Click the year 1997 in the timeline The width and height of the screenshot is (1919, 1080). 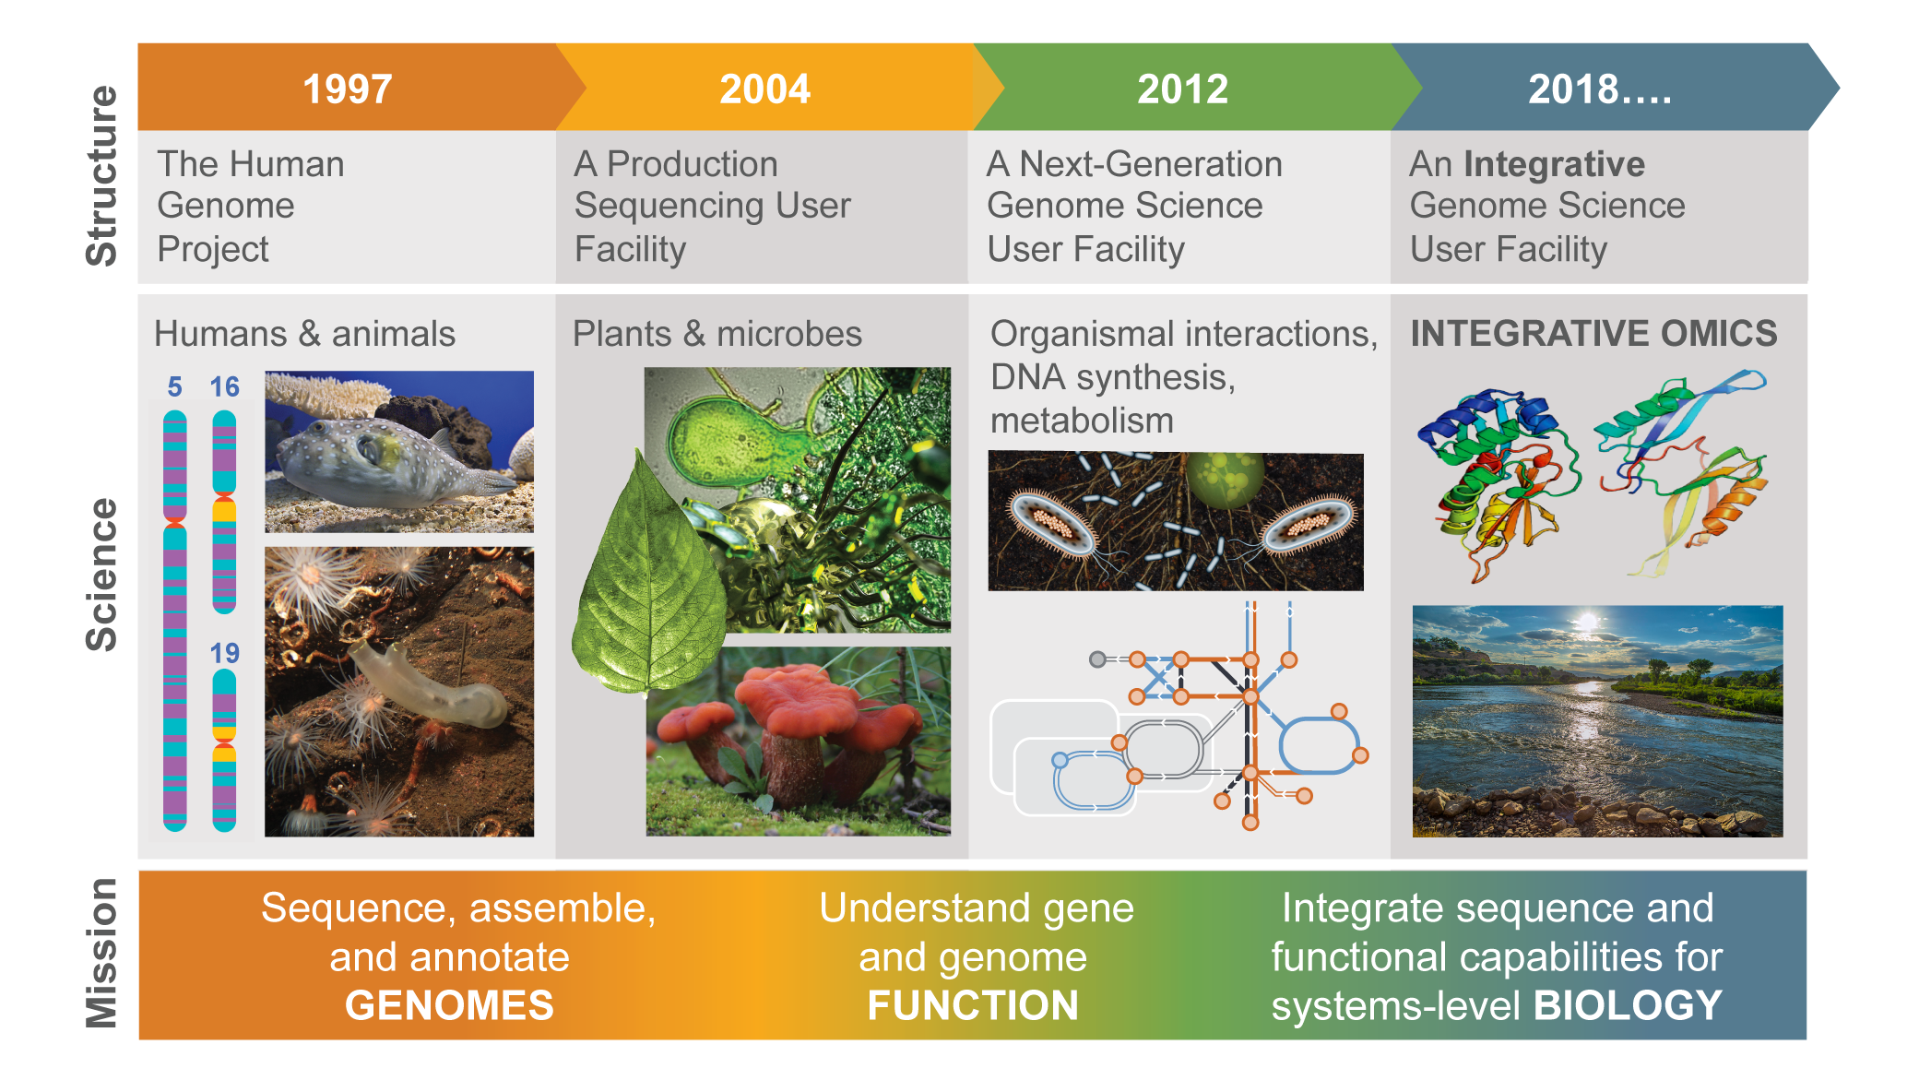pos(348,89)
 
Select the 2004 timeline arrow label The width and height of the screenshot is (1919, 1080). pos(764,89)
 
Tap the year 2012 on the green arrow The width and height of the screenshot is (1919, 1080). pos(1182,89)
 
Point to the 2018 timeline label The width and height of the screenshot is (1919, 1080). pos(1599,89)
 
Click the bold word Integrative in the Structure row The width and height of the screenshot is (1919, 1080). pos(1554,164)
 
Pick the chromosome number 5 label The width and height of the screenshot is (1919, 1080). pos(174,386)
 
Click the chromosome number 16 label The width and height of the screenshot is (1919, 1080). pos(224,386)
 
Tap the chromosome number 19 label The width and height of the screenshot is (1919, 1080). pos(224,653)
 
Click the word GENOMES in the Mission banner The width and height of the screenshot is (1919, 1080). pos(449,1005)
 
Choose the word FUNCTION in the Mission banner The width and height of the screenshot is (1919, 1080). pos(973,1005)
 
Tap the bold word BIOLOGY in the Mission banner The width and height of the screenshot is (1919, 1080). pos(1628,1005)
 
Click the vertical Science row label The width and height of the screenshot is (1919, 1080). pos(101,575)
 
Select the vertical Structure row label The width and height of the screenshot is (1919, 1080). pos(101,176)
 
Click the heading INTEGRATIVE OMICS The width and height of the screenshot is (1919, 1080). pos(1593,333)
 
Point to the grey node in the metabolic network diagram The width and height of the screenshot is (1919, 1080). pos(1097,659)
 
